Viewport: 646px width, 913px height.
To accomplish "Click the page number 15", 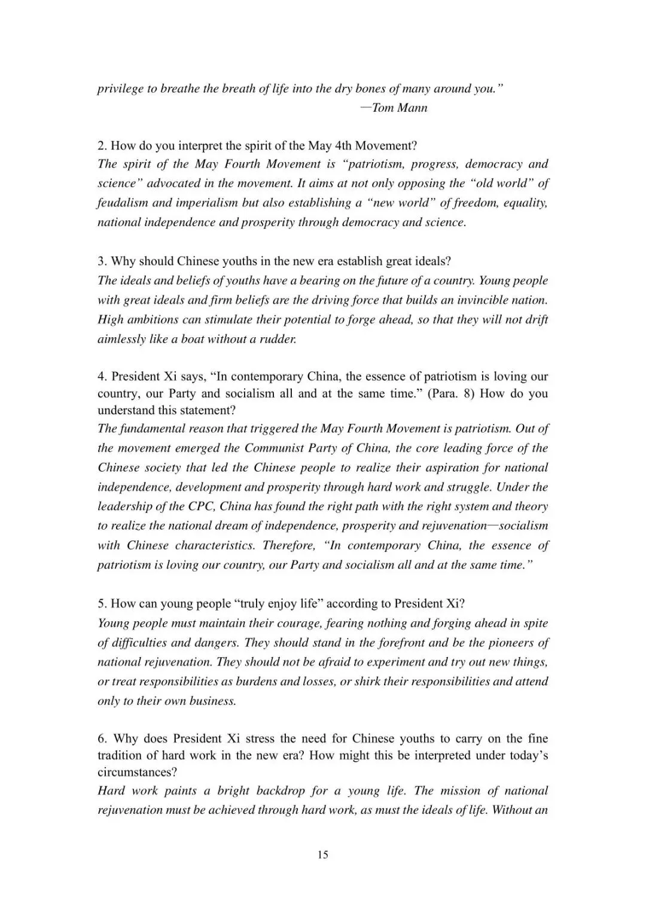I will (322, 854).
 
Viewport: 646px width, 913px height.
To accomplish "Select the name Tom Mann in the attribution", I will (400, 108).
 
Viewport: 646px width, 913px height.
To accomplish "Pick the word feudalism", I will (123, 203).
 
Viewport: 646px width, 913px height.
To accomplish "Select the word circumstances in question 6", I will (135, 772).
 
